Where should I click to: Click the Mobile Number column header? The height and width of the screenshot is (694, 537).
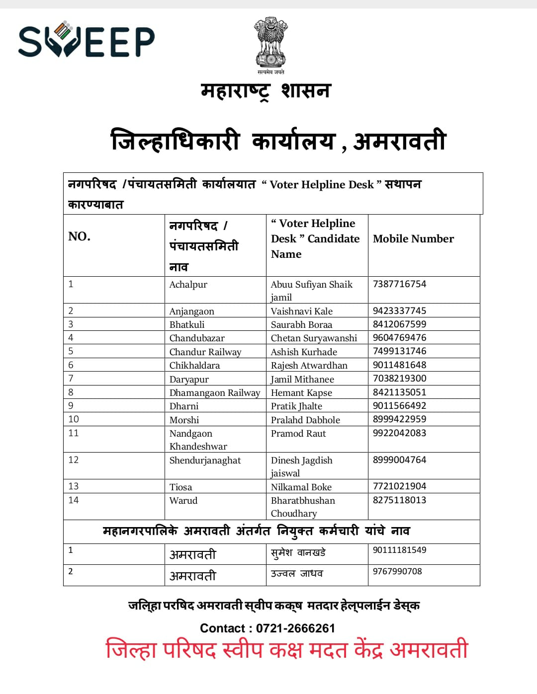413,239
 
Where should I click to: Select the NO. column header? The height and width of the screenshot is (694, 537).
80,236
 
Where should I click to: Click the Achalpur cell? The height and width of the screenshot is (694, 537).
188,285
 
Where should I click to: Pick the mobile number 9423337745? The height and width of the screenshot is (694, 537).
399,311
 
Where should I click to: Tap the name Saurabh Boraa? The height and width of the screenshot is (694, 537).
301,325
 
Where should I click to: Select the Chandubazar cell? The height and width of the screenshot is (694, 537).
197,338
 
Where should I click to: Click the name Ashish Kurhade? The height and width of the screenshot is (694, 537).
304,352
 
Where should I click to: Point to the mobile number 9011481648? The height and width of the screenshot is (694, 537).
399,365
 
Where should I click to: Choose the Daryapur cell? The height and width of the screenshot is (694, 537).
189,380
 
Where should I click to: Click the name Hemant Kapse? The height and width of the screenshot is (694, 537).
301,393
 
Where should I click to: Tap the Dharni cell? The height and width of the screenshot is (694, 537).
184,406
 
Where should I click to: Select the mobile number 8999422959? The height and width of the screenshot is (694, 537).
399,419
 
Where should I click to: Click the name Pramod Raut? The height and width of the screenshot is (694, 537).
298,434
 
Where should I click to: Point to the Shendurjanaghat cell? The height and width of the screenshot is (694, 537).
205,461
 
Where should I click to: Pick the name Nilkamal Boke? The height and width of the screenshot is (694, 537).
301,487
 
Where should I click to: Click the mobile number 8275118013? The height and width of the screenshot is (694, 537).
399,500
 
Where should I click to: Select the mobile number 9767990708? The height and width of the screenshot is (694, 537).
397,572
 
